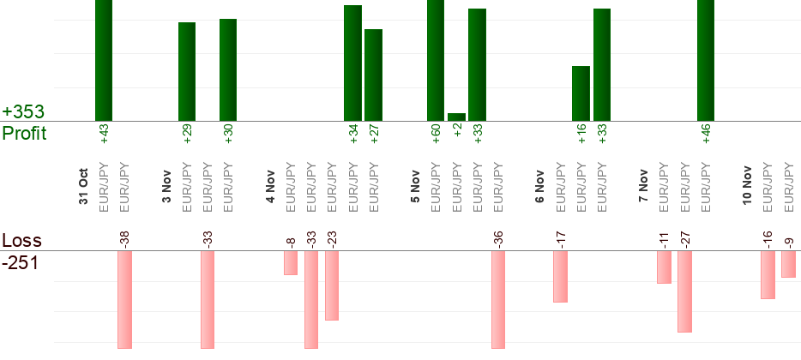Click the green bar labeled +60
pyautogui.click(x=436, y=60)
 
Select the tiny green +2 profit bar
pyautogui.click(x=456, y=117)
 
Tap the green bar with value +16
pyautogui.click(x=581, y=93)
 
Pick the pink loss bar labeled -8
pyautogui.click(x=291, y=262)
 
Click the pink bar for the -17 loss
pyautogui.click(x=560, y=276)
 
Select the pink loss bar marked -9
pyautogui.click(x=788, y=264)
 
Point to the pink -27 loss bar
pyautogui.click(x=684, y=291)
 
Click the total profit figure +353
pyautogui.click(x=23, y=112)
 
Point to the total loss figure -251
pyautogui.click(x=21, y=263)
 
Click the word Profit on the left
pyautogui.click(x=24, y=134)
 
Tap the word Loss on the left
pyautogui.click(x=21, y=241)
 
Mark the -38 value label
pyautogui.click(x=124, y=237)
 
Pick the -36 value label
pyautogui.click(x=498, y=237)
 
